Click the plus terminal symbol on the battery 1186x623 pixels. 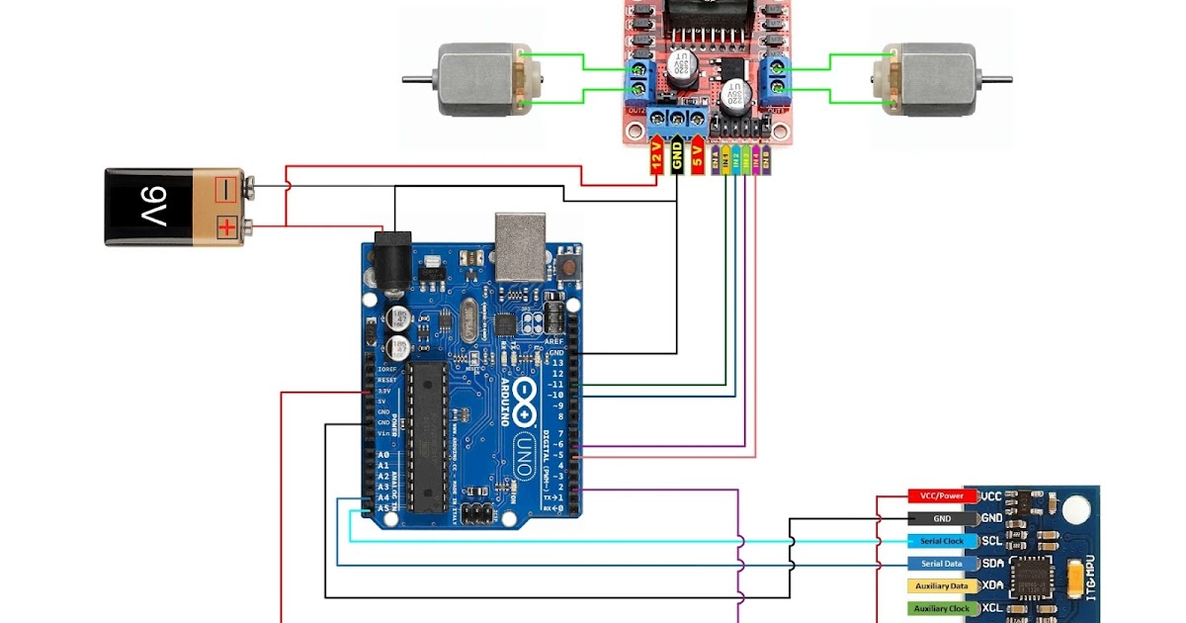(x=228, y=227)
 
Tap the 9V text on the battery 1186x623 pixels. (x=155, y=207)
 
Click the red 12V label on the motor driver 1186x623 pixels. (x=656, y=158)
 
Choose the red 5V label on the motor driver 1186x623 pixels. (x=698, y=158)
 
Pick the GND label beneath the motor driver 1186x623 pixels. (x=677, y=158)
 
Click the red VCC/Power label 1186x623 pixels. (x=942, y=495)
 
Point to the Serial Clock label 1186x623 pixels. (x=942, y=541)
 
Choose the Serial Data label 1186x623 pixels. (x=942, y=564)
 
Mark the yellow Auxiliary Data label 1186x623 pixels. (x=942, y=586)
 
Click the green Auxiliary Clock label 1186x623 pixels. (x=942, y=609)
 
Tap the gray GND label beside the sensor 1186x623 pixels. (x=942, y=518)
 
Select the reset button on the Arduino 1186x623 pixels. (x=568, y=265)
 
